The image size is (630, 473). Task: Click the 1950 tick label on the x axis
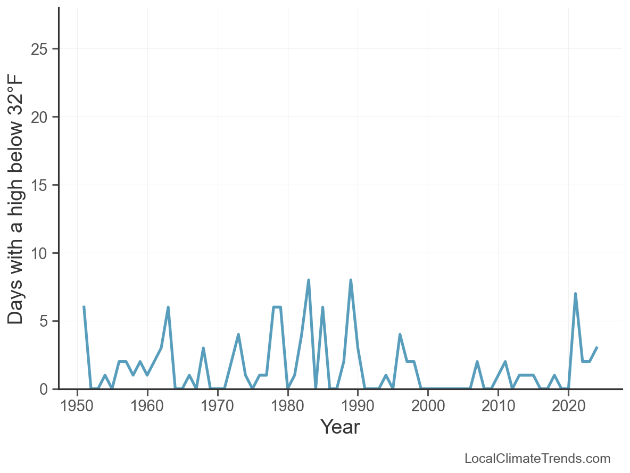click(77, 406)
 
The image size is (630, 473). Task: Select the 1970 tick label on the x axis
click(218, 406)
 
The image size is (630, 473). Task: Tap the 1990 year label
click(358, 406)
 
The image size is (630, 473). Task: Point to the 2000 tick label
click(428, 406)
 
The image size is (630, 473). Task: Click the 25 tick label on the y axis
click(42, 49)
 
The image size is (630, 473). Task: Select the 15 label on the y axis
click(42, 186)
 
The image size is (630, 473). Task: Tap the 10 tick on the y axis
click(42, 254)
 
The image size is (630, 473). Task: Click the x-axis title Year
click(340, 427)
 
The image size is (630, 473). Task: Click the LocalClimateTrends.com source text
click(537, 459)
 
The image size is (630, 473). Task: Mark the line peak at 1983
click(309, 280)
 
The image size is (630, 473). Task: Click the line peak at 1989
click(351, 280)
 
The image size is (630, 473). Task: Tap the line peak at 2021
click(575, 294)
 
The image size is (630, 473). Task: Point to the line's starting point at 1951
click(84, 308)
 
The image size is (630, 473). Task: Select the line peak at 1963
click(168, 308)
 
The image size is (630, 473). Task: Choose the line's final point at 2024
click(596, 348)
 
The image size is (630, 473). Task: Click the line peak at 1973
click(238, 335)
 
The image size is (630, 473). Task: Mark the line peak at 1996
click(400, 335)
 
